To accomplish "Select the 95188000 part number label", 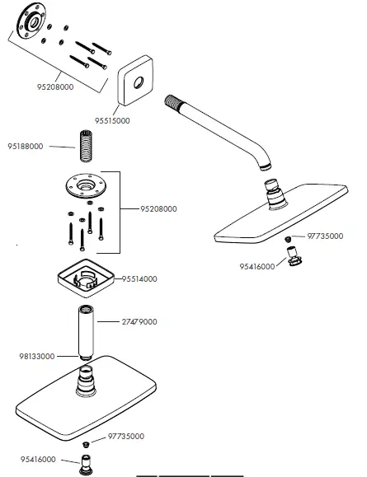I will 27,147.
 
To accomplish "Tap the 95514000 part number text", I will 140,278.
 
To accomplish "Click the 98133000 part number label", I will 37,356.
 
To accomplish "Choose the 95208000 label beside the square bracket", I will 158,209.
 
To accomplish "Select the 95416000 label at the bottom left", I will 38,459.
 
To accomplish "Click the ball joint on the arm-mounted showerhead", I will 273,194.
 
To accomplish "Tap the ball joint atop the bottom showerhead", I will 87,381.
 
